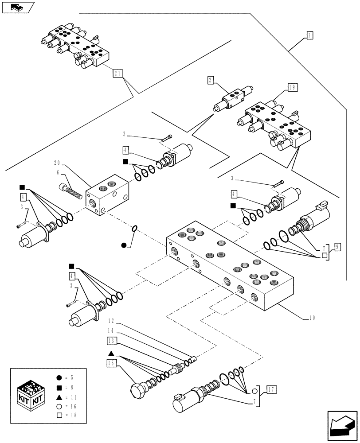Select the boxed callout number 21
point(118,74)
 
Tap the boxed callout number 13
point(112,340)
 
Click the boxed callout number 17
point(271,390)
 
